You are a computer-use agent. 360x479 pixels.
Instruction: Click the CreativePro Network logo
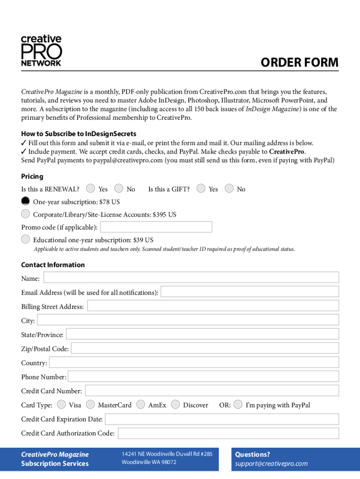tap(41, 51)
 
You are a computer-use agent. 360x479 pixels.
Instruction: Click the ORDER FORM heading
tap(299, 63)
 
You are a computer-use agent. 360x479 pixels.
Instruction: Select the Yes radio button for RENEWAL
tap(91, 189)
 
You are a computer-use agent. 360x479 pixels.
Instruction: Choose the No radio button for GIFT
tap(229, 189)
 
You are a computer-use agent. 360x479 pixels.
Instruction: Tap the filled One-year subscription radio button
tap(26, 201)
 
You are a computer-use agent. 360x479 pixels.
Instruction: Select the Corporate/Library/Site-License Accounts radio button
tap(26, 214)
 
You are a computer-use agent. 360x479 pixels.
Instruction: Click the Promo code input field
tap(156, 227)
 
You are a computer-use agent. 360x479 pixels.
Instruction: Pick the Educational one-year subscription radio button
tap(26, 239)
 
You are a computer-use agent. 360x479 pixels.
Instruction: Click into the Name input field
tap(191, 278)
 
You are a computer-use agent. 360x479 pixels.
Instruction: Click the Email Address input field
tap(250, 292)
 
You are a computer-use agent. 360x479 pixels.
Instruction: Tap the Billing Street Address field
tap(213, 306)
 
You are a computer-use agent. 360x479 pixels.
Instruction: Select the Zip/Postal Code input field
tap(205, 348)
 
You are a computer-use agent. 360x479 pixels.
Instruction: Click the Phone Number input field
tap(203, 377)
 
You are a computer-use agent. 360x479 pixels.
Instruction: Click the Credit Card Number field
tap(212, 391)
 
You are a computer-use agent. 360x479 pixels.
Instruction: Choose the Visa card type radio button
tap(61, 405)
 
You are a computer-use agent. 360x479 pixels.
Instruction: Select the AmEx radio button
tap(141, 405)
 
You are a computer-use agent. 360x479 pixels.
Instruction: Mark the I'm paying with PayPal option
tap(238, 405)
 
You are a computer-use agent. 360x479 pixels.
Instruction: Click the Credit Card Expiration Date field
tap(222, 419)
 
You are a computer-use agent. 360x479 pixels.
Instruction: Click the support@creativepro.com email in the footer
tap(271, 464)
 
